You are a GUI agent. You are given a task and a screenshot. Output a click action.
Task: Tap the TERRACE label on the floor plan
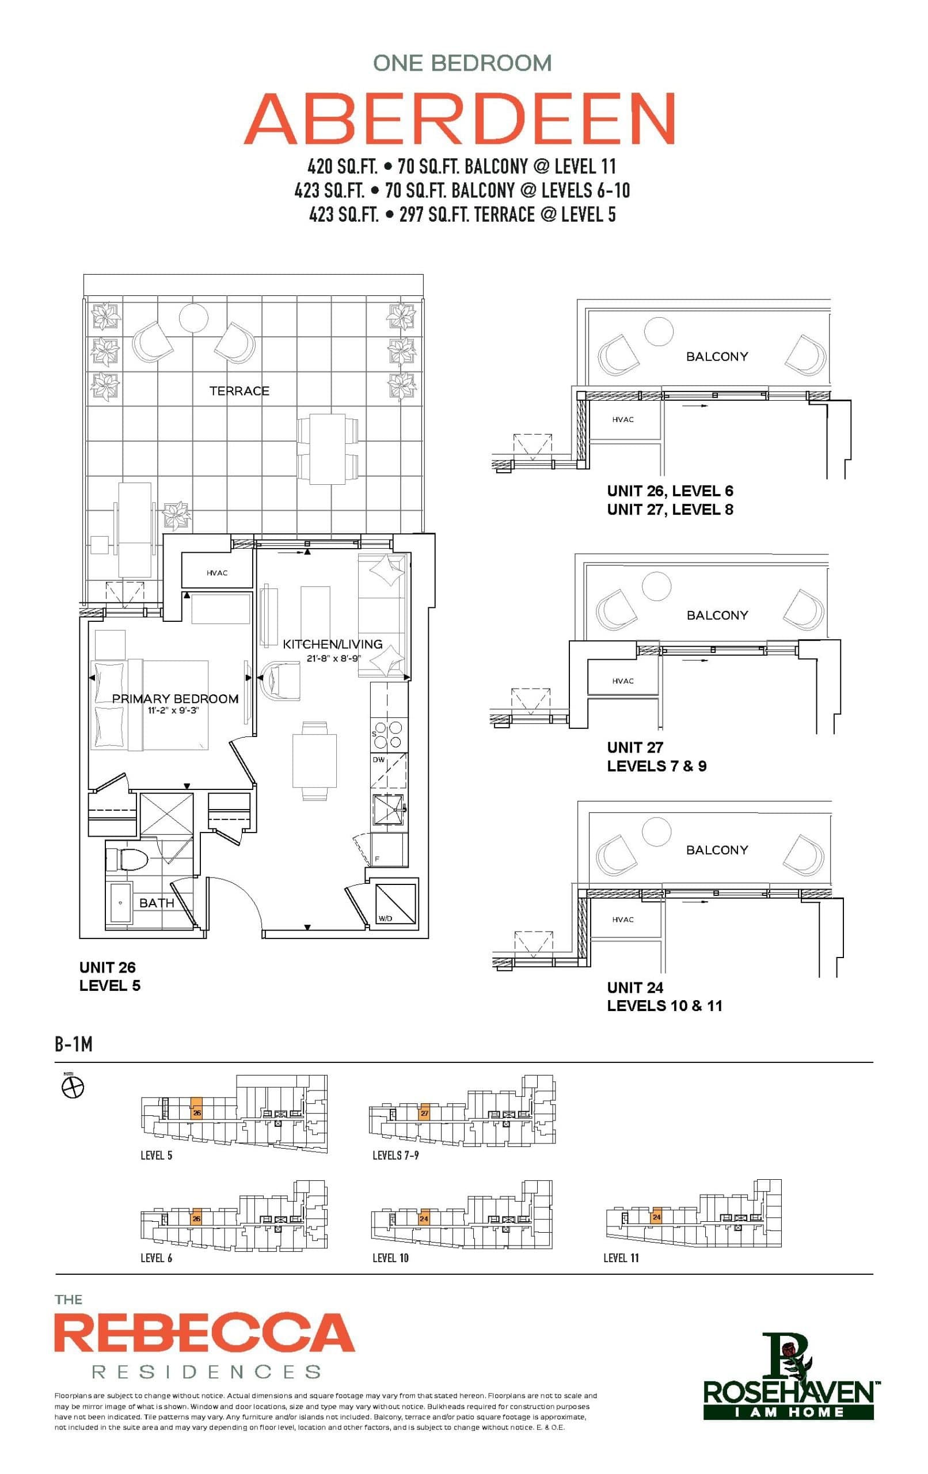[x=239, y=390]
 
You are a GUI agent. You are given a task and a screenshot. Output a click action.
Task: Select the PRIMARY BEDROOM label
[x=175, y=698]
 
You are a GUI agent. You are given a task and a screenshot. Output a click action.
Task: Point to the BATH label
[x=157, y=903]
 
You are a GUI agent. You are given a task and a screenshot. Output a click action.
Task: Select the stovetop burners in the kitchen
[x=389, y=735]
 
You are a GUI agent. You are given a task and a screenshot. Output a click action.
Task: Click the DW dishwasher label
[x=379, y=759]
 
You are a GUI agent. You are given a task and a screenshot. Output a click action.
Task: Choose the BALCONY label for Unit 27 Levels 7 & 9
[x=717, y=615]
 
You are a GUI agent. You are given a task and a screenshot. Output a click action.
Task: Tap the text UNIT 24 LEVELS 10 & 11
[x=664, y=996]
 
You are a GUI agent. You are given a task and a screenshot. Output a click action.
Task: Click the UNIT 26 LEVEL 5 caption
[x=109, y=977]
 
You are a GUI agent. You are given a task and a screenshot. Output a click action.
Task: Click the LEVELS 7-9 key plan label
[x=395, y=1155]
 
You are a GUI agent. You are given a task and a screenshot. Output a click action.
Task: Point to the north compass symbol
[x=73, y=1088]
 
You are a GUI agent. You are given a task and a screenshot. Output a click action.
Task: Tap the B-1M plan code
[x=74, y=1044]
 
